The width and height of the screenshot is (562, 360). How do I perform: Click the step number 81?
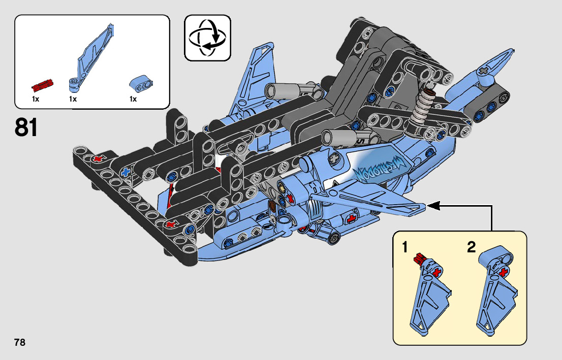[26, 127]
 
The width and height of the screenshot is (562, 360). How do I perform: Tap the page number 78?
[20, 342]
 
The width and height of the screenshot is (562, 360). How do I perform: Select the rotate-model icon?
[207, 38]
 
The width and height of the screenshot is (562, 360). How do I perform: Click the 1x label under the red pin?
[35, 100]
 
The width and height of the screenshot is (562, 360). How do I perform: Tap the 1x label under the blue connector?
[133, 100]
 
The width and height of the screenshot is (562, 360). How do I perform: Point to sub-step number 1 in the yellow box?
[405, 248]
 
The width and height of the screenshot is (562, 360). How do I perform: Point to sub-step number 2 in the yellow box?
[471, 248]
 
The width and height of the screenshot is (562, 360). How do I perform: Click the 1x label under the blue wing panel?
[73, 100]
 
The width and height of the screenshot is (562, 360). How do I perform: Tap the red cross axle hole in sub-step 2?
[504, 273]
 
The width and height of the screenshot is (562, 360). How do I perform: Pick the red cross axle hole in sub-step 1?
[435, 273]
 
